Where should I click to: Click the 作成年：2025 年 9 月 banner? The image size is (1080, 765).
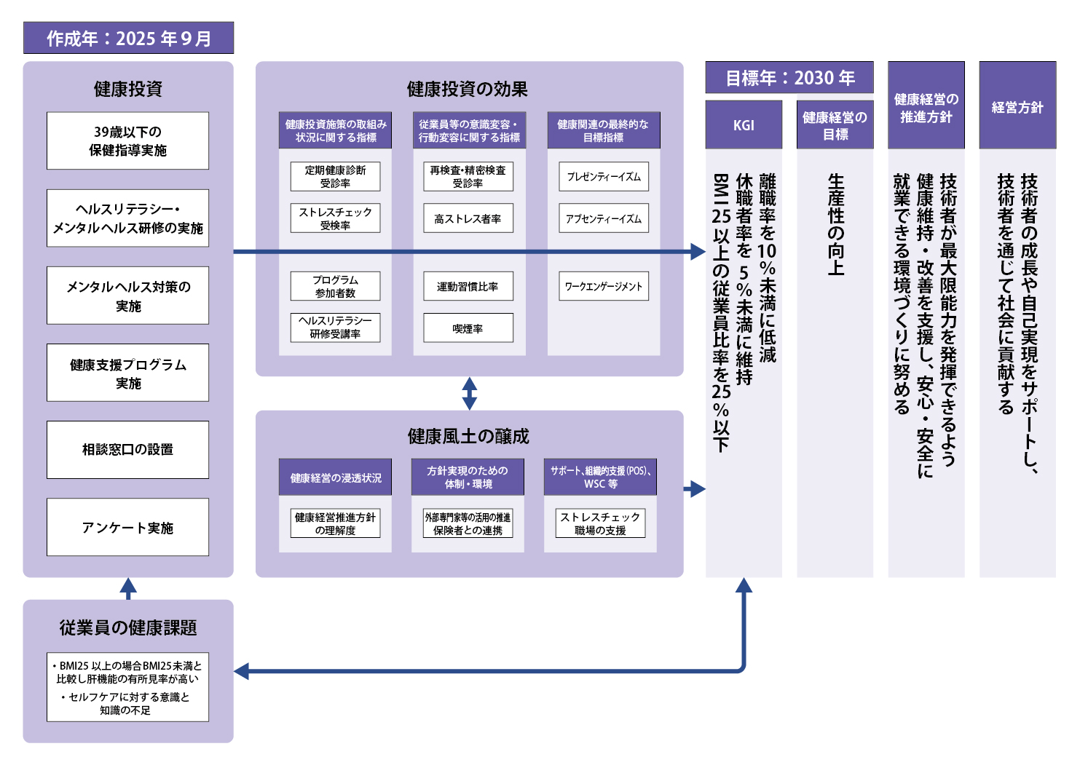[128, 38]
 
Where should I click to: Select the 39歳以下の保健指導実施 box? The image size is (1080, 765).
[127, 140]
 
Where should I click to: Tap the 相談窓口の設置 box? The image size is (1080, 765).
[127, 450]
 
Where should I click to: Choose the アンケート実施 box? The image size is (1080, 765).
[127, 528]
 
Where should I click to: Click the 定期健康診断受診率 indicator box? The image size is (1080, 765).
[335, 176]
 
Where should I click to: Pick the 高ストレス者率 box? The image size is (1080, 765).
[468, 218]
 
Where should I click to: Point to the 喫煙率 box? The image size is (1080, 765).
[468, 328]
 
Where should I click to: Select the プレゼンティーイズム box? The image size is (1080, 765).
[604, 176]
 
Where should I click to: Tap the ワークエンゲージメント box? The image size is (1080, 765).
[604, 286]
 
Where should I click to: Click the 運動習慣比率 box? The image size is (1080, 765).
[468, 286]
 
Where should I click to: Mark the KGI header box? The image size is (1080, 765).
[744, 125]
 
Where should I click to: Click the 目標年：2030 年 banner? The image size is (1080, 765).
[789, 77]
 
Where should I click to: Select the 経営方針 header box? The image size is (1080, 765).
[1017, 105]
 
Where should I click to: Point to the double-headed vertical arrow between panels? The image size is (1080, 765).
[469, 393]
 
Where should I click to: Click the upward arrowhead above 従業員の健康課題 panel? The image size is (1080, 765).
[127, 586]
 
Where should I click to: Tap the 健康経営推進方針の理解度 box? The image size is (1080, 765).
[335, 523]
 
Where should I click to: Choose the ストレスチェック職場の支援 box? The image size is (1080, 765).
[600, 523]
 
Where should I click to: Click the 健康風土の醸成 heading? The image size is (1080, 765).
[468, 436]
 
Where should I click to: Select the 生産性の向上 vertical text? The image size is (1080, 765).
[835, 225]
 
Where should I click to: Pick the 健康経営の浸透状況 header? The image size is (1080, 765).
[335, 477]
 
